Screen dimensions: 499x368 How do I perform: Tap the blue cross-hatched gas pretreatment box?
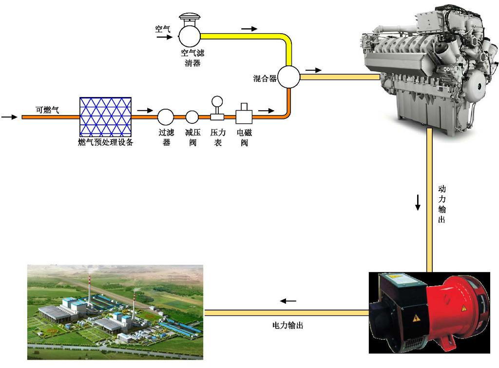(105, 117)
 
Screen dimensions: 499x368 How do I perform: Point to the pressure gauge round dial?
(217, 102)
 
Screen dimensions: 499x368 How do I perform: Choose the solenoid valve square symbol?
(244, 116)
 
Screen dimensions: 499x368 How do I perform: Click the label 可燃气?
(47, 110)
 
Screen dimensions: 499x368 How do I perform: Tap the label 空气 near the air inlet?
(163, 29)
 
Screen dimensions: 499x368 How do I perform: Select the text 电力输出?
(288, 325)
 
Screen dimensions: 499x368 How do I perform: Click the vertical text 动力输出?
(441, 204)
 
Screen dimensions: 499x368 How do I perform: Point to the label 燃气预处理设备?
(105, 142)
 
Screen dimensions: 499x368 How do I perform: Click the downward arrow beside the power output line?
(418, 202)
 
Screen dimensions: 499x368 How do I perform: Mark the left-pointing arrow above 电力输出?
(288, 301)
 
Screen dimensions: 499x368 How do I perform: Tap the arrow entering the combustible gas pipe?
(9, 117)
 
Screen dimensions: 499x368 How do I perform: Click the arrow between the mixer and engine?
(313, 70)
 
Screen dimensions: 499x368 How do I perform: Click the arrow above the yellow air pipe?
(249, 29)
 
